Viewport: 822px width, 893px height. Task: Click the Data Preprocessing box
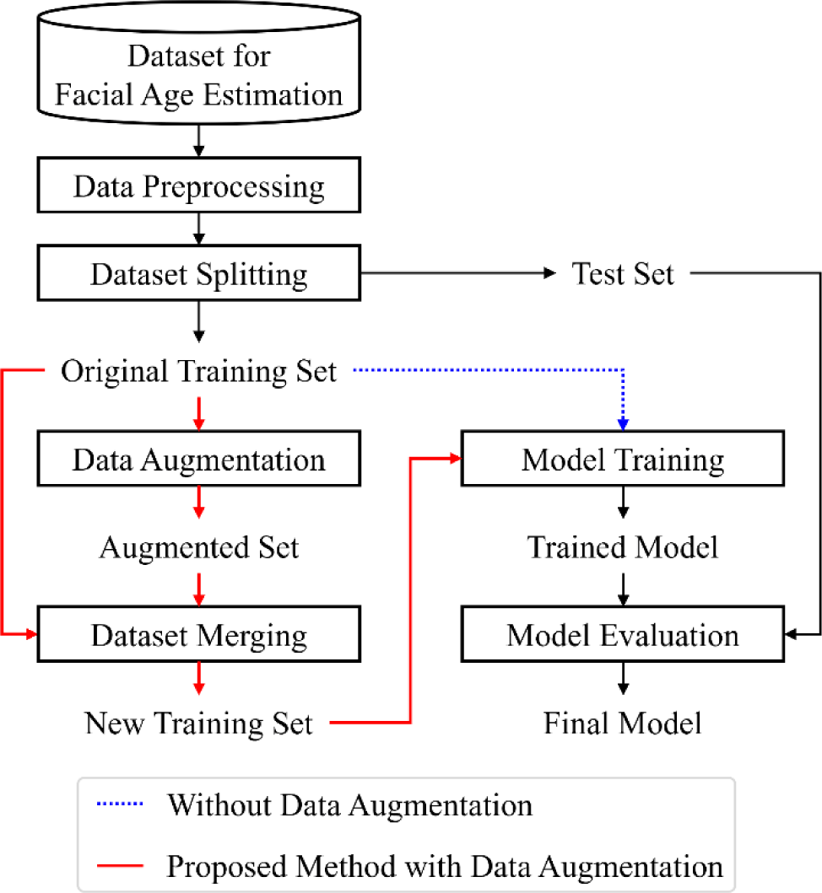(x=199, y=187)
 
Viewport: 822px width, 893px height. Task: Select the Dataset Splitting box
(x=199, y=275)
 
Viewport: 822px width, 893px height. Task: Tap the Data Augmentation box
(x=199, y=460)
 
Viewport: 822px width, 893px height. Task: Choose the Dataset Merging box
(x=199, y=634)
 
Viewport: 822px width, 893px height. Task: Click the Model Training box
(x=623, y=460)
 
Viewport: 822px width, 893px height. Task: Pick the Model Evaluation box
(x=623, y=634)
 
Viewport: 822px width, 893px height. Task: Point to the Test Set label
(x=623, y=275)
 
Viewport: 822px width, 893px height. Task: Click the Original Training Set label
(x=199, y=371)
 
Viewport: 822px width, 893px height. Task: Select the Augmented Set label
(x=199, y=548)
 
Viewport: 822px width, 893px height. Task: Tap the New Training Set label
(x=199, y=723)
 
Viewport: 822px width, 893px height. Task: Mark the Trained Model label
(x=623, y=548)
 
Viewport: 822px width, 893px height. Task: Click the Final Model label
(x=623, y=723)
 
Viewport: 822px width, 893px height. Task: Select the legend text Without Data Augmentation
(x=349, y=805)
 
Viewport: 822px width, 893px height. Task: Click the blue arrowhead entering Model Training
(x=623, y=426)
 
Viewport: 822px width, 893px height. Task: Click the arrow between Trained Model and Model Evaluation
(x=623, y=588)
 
